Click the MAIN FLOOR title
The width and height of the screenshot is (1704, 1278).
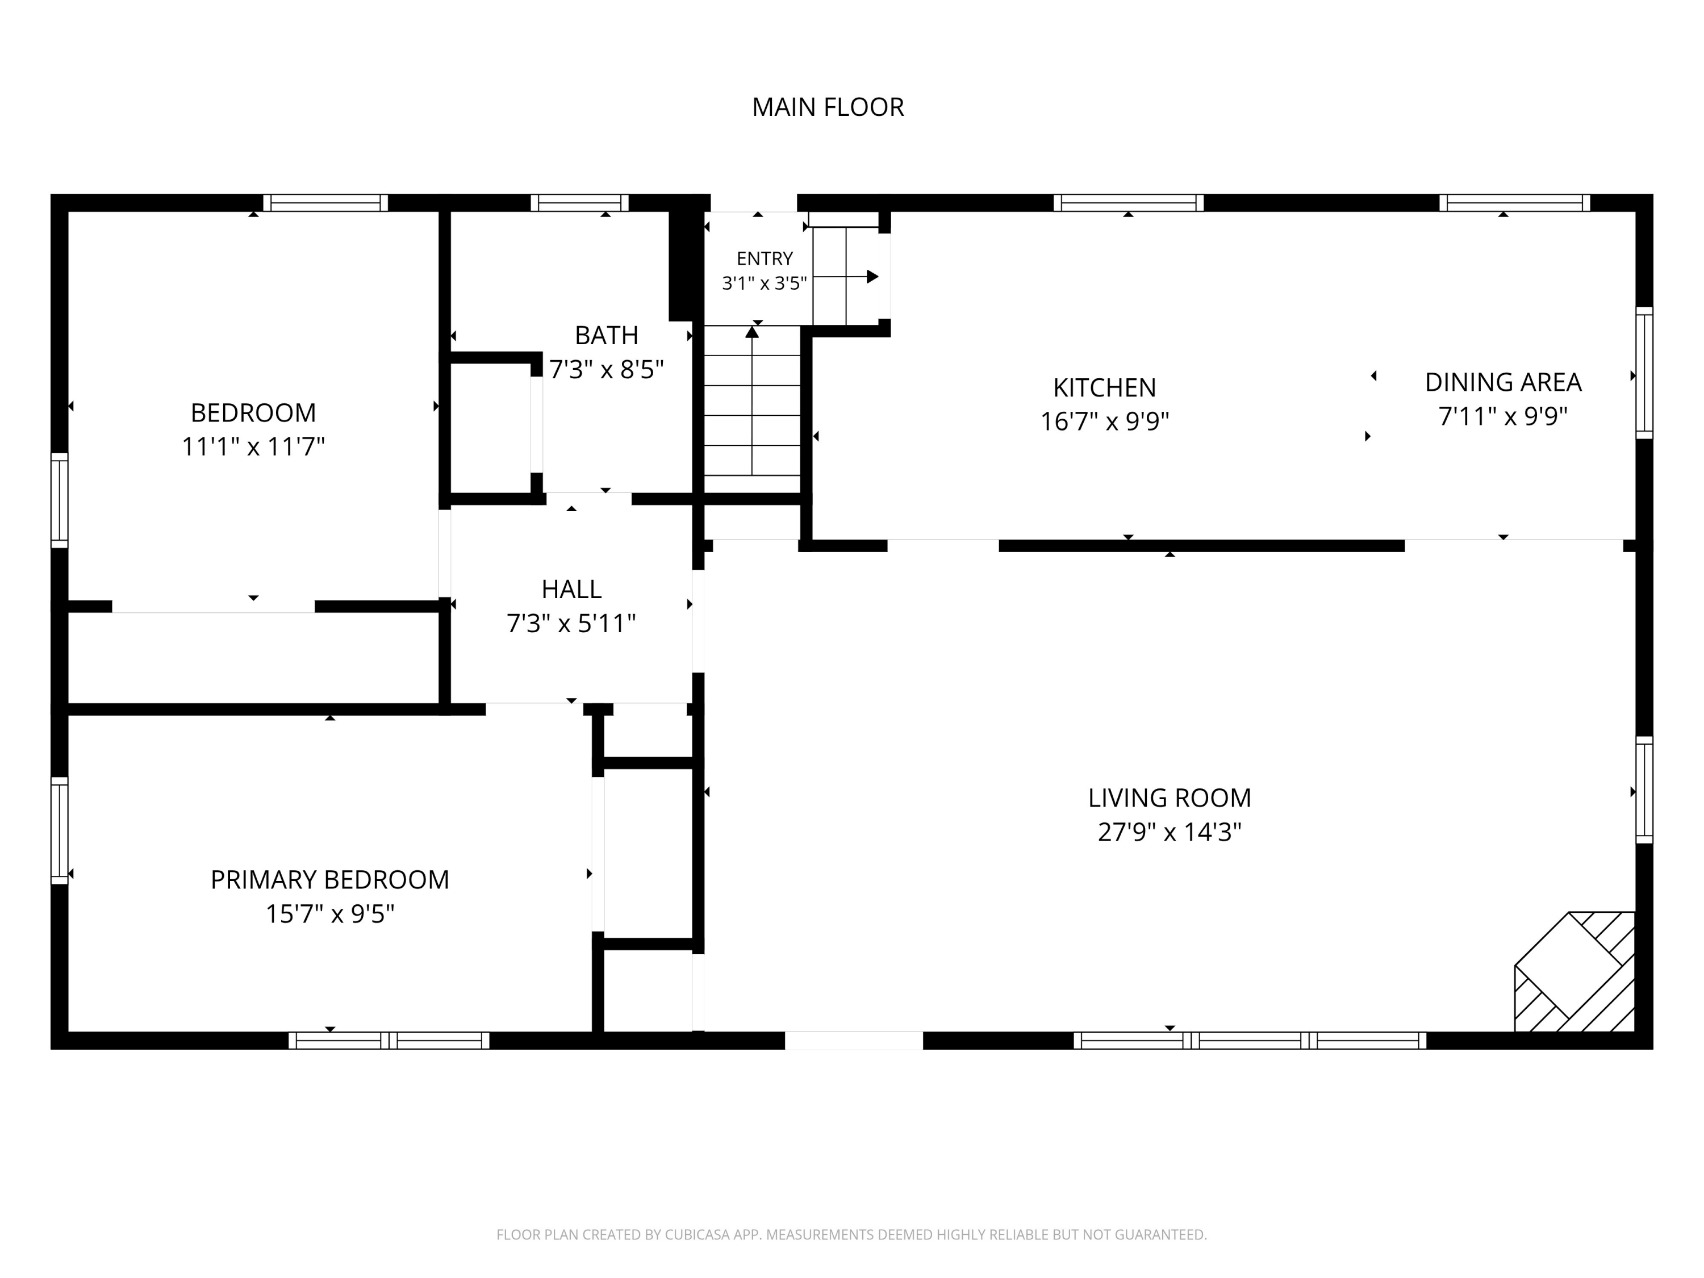(x=828, y=107)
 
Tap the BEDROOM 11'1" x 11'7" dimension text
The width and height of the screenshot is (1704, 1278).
(x=253, y=447)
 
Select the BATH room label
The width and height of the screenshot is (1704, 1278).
(x=606, y=335)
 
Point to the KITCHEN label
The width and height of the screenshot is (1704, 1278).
(x=1105, y=387)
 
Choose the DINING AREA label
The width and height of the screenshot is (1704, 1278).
(x=1503, y=382)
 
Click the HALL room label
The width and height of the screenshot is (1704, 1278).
(x=571, y=590)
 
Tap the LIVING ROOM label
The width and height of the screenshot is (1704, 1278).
(x=1170, y=798)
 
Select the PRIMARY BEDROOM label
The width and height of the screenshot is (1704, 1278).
(x=329, y=880)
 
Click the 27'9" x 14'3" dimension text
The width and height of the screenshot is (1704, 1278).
(x=1170, y=833)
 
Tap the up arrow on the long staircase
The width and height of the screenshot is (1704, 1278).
(x=752, y=400)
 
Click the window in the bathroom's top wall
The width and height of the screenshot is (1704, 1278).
(x=579, y=203)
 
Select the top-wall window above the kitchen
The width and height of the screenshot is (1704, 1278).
(x=1129, y=203)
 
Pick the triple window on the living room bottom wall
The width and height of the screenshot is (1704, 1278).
(x=1250, y=1041)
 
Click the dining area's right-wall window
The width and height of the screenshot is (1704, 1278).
(x=1644, y=373)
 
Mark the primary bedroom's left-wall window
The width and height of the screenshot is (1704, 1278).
(x=59, y=830)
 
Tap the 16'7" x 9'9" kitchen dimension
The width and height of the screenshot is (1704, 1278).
(x=1105, y=421)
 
